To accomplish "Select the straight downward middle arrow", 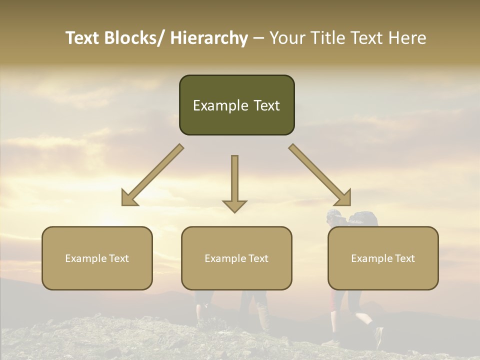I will [234, 182].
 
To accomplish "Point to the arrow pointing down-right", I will [320, 175].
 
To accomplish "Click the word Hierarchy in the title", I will [209, 38].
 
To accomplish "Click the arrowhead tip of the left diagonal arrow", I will [123, 204].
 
